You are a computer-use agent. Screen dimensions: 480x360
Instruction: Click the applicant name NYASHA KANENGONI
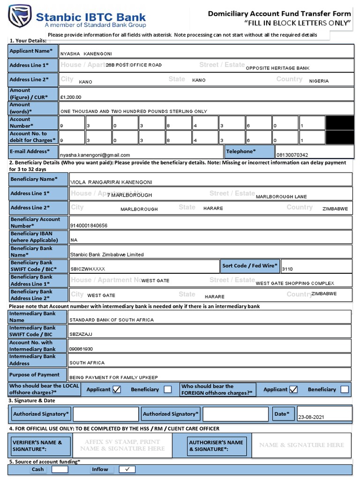[x=86, y=54]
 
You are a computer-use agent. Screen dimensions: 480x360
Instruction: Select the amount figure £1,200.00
[x=71, y=97]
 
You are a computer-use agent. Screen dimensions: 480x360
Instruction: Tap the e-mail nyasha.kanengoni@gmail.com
[x=95, y=155]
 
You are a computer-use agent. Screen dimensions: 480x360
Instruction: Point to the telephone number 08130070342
[x=292, y=155]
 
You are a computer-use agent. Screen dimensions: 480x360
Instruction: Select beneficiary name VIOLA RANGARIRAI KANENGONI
[x=111, y=182]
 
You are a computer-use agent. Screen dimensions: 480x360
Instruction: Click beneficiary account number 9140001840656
[x=89, y=225]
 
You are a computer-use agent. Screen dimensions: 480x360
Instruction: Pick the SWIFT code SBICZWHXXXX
[x=88, y=269]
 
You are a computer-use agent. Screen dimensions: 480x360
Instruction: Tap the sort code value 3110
[x=287, y=269]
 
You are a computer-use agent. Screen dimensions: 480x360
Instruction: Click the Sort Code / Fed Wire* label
[x=250, y=266]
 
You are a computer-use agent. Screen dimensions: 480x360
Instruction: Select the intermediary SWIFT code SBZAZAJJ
[x=81, y=334]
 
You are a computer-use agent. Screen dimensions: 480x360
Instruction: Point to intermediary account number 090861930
[x=81, y=349]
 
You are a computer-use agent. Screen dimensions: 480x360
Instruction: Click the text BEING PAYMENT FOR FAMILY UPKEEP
[x=113, y=377]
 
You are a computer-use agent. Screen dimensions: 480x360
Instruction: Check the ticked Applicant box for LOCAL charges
[x=117, y=389]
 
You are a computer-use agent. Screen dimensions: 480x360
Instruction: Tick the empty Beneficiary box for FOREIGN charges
[x=345, y=390]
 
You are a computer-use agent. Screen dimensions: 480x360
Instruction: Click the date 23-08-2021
[x=311, y=417]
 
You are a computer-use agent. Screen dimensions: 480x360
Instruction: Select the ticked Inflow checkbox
[x=127, y=469]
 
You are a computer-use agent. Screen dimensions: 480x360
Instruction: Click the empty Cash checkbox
[x=60, y=469]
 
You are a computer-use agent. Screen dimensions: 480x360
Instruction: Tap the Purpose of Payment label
[x=35, y=375]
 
